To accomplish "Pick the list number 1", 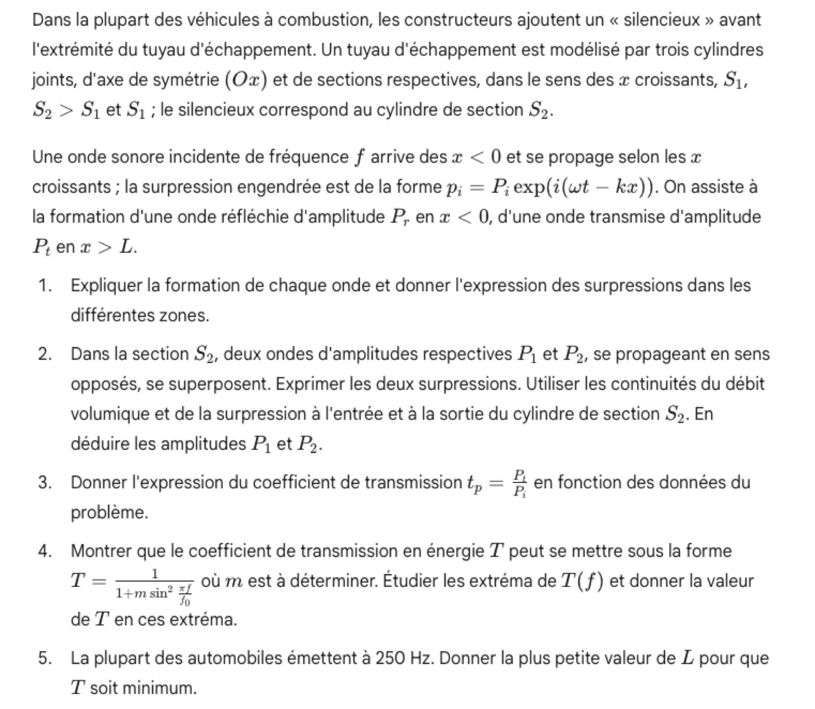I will click(x=44, y=286).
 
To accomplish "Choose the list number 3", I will click(x=44, y=482).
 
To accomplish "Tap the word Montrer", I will click(x=101, y=551).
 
